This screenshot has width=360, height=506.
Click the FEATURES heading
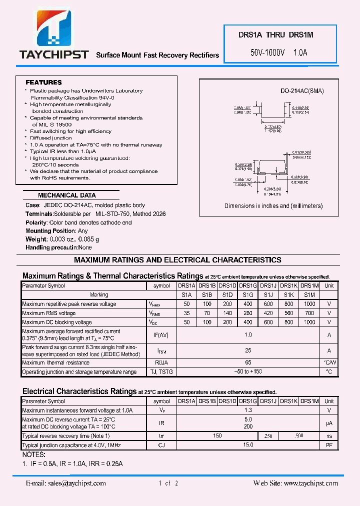[x=43, y=82]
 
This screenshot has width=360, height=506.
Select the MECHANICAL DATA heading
[x=66, y=195]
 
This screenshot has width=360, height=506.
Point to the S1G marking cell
[x=248, y=295]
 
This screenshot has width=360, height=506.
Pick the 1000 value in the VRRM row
[x=309, y=304]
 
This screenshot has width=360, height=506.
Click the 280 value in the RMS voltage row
[x=248, y=313]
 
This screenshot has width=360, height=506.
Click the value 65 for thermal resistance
[x=248, y=362]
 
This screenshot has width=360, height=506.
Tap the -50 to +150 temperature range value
[x=248, y=371]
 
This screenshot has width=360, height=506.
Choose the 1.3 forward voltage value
[x=248, y=410]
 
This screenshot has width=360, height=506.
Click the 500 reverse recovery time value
[x=299, y=436]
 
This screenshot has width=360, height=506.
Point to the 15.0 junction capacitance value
[x=248, y=444]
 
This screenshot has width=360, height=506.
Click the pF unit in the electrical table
[x=329, y=444]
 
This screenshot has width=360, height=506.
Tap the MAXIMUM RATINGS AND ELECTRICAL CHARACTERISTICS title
[x=177, y=260]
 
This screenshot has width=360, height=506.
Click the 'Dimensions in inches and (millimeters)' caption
[x=273, y=206]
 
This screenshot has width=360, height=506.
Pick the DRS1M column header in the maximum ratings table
[x=309, y=286]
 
